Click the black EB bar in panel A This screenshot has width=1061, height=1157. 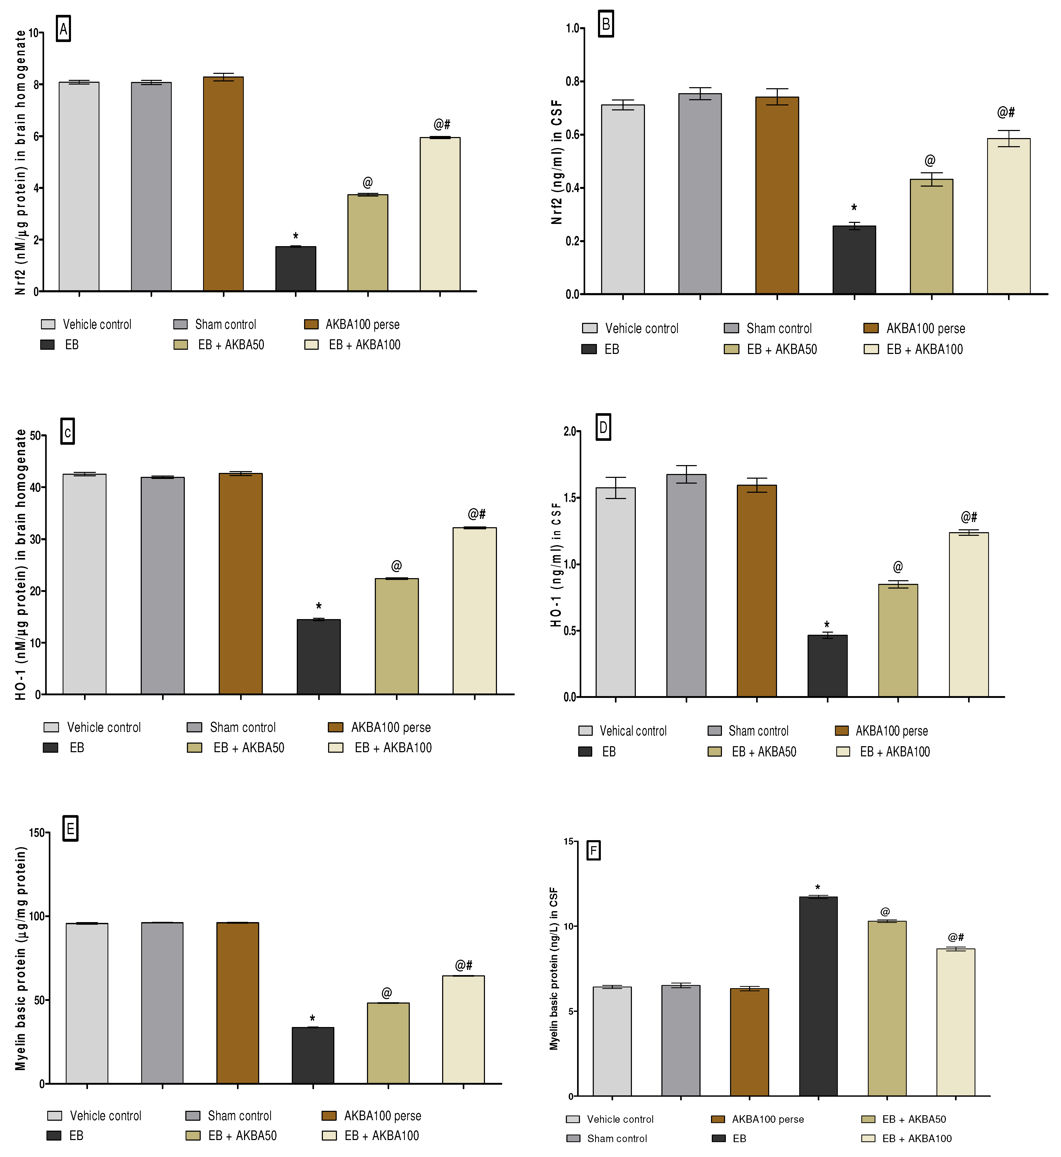[x=296, y=269]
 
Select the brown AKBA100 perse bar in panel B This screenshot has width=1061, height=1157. [x=777, y=195]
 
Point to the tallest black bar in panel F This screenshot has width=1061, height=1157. [x=818, y=996]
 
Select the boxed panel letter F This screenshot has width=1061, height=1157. [x=593, y=850]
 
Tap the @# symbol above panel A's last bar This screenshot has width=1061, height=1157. [x=442, y=124]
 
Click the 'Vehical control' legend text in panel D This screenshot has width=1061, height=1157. [x=633, y=731]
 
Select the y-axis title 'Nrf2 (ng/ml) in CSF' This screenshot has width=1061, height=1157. [x=556, y=163]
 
